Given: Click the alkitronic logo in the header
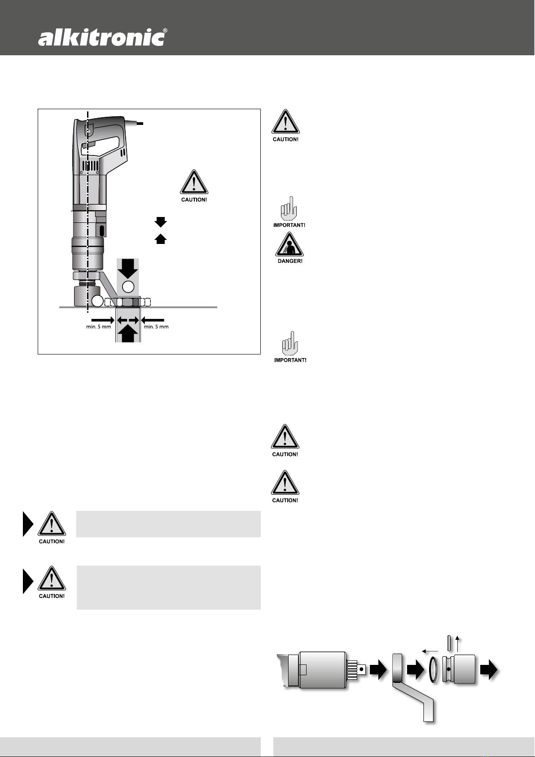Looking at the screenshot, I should [100, 37].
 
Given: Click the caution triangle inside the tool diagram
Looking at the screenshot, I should [194, 183].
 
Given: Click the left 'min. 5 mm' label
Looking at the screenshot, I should [98, 327].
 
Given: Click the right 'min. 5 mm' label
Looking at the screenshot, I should [156, 327].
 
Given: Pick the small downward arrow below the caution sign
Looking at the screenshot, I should [161, 221].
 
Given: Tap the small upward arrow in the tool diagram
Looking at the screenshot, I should [161, 239].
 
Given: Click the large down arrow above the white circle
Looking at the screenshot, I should [128, 269].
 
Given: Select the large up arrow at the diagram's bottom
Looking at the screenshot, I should [128, 334].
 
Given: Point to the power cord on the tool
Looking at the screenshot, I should [136, 123].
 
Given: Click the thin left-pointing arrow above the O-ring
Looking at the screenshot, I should [430, 650].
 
